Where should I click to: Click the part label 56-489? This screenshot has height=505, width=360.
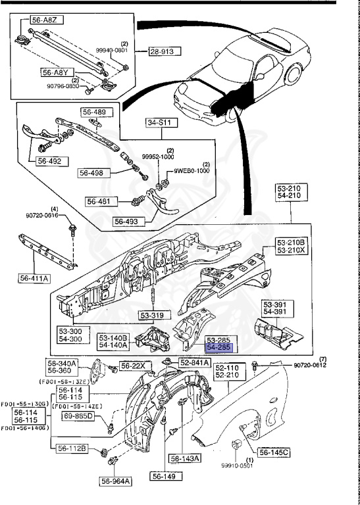point(93,112)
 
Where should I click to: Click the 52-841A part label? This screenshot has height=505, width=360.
point(195,362)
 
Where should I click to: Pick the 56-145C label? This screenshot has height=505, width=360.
point(274,452)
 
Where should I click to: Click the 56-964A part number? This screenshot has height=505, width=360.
point(116,481)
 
